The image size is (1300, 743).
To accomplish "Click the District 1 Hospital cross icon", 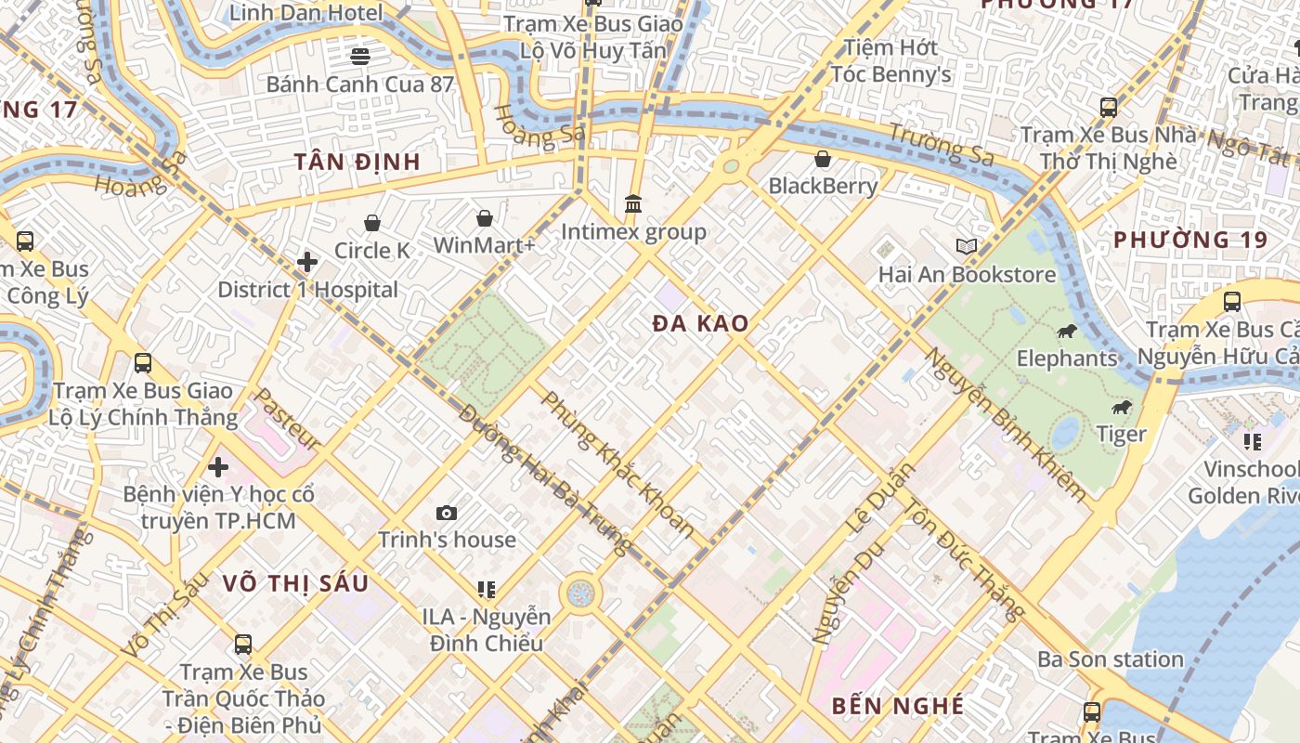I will point(307,263).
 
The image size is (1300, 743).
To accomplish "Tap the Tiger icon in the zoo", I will point(1122,408).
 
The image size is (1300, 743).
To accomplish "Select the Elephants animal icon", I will point(1067,332).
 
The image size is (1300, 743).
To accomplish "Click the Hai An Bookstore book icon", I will point(967,247).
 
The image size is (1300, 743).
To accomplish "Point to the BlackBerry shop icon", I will point(823,159).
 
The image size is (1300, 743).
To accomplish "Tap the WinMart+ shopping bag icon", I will point(485,218).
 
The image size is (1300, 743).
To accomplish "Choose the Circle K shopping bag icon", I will point(372,223).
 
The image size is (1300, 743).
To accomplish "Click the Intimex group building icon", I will point(633,203).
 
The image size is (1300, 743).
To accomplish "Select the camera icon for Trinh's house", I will point(447,513).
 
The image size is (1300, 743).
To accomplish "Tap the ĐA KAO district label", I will point(700,324).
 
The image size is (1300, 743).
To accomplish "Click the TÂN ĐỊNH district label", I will point(357,162).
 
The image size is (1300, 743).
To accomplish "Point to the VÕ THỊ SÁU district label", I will point(295,583).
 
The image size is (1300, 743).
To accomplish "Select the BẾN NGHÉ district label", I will point(898,706).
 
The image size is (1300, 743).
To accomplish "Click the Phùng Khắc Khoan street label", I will point(617,464).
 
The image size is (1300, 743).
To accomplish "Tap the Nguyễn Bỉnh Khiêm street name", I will point(1005,425).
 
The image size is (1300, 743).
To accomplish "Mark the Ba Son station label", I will point(1111,659).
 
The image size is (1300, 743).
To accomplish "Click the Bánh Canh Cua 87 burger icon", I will point(360,57).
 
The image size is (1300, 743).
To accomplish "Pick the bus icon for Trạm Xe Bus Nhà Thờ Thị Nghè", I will point(1109,107).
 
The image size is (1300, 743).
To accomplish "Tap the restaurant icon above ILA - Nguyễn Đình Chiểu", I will point(486,589).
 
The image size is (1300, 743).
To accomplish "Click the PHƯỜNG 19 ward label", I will point(1190,240).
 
